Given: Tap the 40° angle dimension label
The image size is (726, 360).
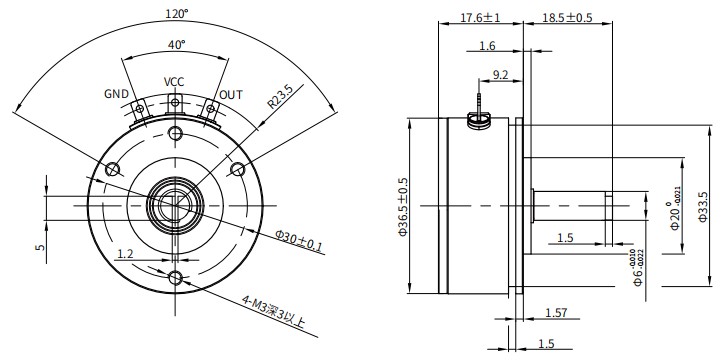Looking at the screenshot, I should (176, 45).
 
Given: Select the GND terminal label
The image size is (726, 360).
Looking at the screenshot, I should (117, 94).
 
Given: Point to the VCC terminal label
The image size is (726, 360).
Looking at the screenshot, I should (175, 82).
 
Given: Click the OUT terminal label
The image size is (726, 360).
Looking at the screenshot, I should (231, 94).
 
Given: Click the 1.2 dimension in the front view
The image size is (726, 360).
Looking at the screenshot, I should (125, 255).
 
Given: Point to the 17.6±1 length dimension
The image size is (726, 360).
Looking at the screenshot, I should (480, 18).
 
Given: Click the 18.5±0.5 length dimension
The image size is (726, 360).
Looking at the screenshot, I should (567, 18).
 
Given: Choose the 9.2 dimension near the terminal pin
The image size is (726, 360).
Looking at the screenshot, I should (502, 73).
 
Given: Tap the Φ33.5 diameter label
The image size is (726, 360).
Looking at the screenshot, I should (702, 208).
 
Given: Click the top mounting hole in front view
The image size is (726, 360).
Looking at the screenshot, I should (175, 133).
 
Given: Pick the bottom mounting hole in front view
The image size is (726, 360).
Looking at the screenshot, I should (175, 277).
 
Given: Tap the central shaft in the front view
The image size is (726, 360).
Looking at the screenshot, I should (175, 205).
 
